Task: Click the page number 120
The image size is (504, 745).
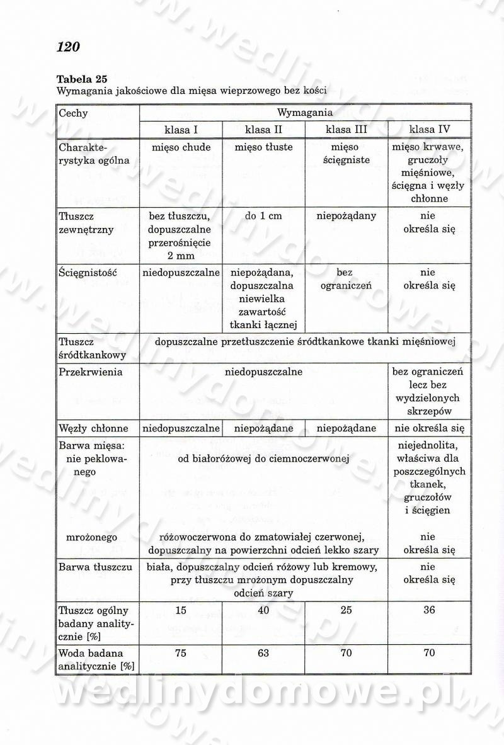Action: (68, 47)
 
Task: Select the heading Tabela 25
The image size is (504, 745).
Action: (82, 79)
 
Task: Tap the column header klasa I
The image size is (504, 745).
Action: (181, 130)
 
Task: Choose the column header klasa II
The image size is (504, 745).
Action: (263, 130)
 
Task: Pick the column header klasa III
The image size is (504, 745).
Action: (346, 130)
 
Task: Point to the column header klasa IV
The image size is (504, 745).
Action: (430, 130)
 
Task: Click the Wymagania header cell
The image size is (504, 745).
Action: (305, 113)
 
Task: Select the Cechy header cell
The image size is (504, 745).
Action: (73, 113)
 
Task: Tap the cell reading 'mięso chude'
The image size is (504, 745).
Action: (181, 147)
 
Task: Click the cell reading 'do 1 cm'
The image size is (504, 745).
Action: (263, 216)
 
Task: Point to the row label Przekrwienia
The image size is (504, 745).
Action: (90, 372)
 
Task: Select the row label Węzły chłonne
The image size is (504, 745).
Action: (93, 428)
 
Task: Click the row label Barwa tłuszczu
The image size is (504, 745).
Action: (95, 567)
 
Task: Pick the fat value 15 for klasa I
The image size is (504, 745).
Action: (181, 610)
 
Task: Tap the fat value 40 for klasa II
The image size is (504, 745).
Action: (263, 610)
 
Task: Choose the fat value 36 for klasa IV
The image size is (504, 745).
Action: (430, 610)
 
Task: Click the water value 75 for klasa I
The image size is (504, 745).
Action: (181, 653)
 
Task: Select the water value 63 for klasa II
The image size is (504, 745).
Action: (263, 653)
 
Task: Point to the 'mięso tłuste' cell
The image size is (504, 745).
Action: (263, 147)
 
